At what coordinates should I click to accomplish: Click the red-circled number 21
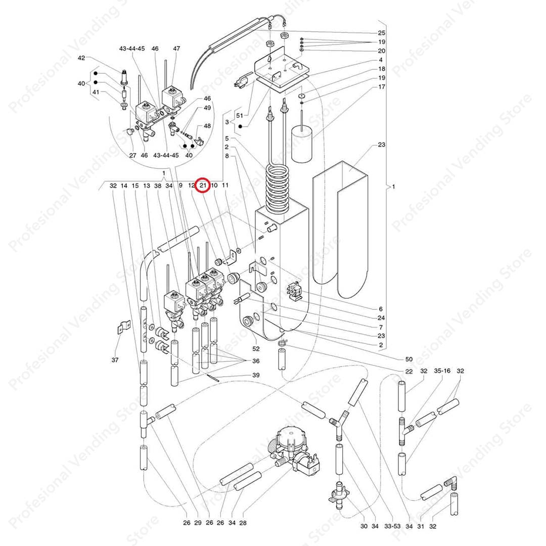tap(203, 186)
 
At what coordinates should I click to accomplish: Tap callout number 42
tap(81, 58)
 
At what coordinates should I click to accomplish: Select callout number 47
tap(176, 49)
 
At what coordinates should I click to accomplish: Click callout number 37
tap(115, 359)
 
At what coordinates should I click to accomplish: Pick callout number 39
tap(256, 375)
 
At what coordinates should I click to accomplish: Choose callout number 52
tap(256, 348)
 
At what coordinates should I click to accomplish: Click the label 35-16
tap(442, 371)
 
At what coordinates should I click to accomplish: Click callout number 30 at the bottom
tap(363, 526)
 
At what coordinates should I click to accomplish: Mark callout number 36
tap(256, 360)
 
